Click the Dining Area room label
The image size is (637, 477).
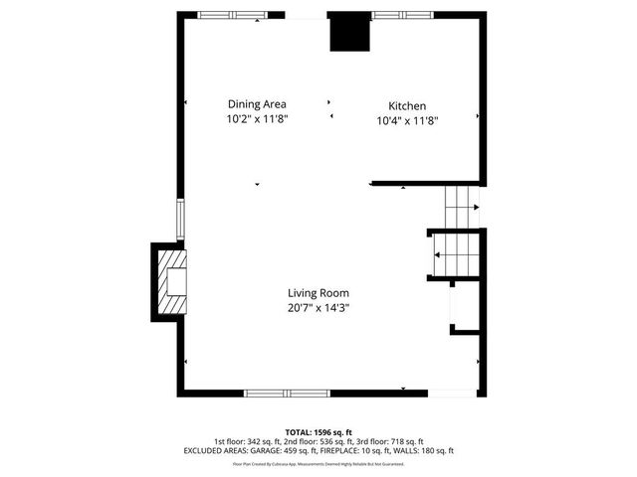point(257,104)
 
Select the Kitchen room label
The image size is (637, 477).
point(407,106)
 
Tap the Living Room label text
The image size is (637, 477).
point(318,293)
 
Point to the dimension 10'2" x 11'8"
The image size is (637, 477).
point(257,120)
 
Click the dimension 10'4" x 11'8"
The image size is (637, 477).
point(407,121)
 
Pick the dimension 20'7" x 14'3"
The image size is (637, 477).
point(318,308)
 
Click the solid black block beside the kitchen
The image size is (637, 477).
point(349,32)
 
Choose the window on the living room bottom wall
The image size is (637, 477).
point(288,394)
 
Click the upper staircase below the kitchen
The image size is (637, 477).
point(462,206)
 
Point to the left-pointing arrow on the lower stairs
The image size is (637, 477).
point(436,254)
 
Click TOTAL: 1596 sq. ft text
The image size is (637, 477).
point(318,432)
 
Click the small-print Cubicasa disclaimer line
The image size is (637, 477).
point(318,463)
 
